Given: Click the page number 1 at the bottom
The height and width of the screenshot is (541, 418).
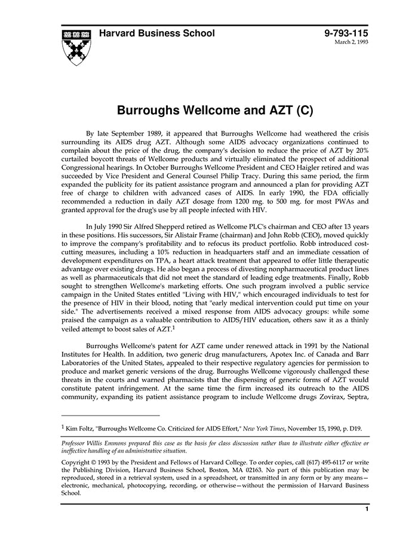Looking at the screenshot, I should (367, 509).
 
